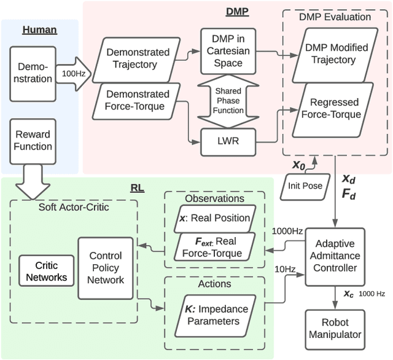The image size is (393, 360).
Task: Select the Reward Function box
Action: pos(33,140)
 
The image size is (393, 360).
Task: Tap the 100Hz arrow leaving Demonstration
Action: pos(72,72)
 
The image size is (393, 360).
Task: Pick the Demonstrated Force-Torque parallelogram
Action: pos(138,100)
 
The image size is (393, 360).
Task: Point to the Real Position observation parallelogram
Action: pos(214,218)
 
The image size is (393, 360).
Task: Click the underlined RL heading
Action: pos(138,187)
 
